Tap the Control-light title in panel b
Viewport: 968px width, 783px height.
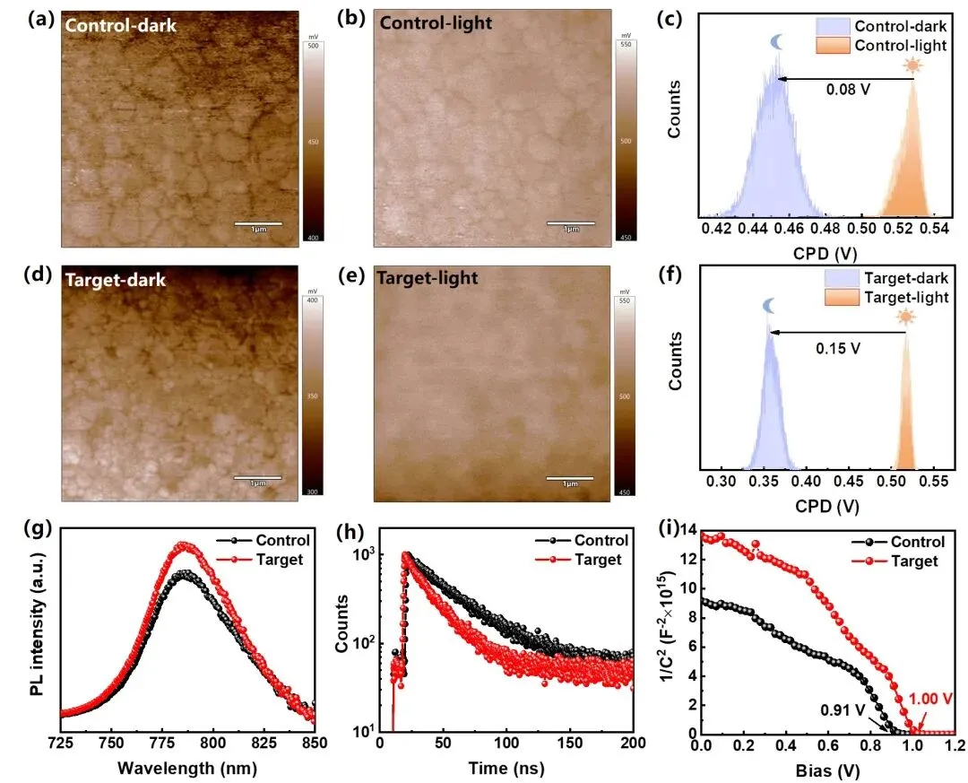point(436,23)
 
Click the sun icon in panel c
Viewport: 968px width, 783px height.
point(912,65)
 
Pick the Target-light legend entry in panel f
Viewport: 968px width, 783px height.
point(905,297)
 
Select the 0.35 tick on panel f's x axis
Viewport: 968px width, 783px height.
point(765,482)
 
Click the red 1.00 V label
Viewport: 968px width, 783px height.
point(931,700)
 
